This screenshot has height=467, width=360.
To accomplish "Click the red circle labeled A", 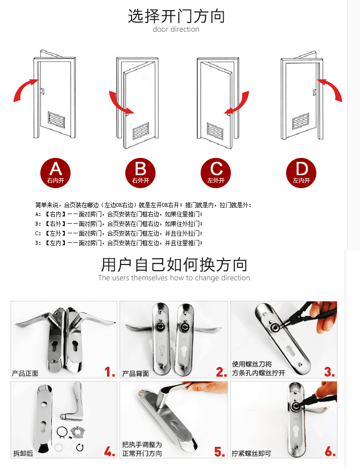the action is click(x=55, y=173).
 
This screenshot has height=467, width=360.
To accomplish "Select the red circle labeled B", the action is click(x=140, y=173).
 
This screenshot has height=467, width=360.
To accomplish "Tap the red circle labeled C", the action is click(x=216, y=173).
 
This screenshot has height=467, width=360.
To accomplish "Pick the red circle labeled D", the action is click(x=301, y=173).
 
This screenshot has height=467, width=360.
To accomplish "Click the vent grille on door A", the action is click(x=56, y=120).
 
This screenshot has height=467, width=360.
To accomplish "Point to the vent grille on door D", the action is click(x=300, y=121).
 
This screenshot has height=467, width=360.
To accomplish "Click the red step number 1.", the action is click(x=109, y=371).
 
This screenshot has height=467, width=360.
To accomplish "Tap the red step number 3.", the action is click(x=329, y=371).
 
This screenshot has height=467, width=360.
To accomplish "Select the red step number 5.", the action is click(x=220, y=452).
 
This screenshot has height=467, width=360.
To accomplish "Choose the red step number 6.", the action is click(x=330, y=452).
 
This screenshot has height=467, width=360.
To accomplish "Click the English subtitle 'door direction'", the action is click(x=176, y=29).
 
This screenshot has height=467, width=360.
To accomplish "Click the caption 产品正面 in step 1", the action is click(x=25, y=373).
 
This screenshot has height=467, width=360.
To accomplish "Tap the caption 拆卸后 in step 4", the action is click(x=23, y=453).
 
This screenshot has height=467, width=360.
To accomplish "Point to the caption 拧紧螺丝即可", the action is click(x=252, y=453).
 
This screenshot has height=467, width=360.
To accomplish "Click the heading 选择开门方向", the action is click(x=176, y=16).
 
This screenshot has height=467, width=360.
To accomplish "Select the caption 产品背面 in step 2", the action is click(x=135, y=373).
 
